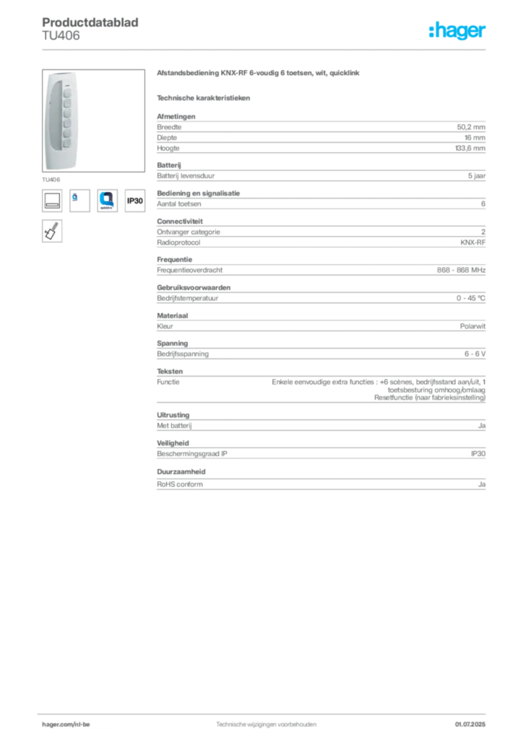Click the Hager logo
click(x=457, y=30)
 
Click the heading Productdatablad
click(x=90, y=22)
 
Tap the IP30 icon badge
click(x=135, y=201)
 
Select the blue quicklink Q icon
click(x=107, y=201)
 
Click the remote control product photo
click(x=93, y=121)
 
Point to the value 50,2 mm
click(x=471, y=127)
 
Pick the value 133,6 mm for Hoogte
click(x=470, y=148)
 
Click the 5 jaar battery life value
click(x=476, y=176)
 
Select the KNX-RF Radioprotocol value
click(x=472, y=242)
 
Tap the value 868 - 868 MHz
click(x=461, y=270)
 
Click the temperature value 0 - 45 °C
click(x=470, y=298)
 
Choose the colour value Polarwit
click(x=472, y=326)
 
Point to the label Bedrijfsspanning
click(x=183, y=354)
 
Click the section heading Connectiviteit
click(x=180, y=221)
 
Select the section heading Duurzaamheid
click(x=181, y=471)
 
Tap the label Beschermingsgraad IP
click(x=192, y=454)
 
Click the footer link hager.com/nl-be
click(x=66, y=725)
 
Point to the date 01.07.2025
click(x=470, y=725)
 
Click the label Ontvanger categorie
click(x=188, y=232)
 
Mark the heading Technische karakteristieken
click(x=203, y=98)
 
